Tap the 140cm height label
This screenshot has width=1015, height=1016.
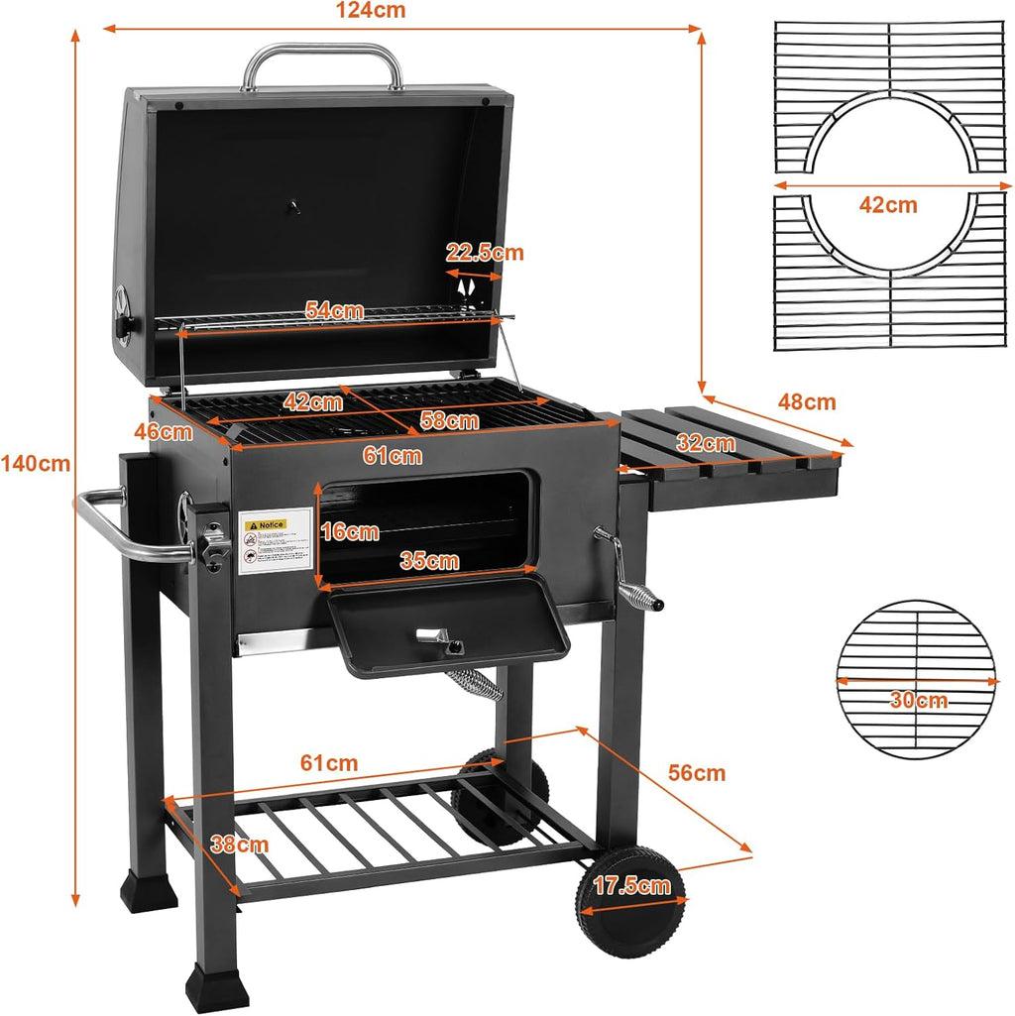pos(36,463)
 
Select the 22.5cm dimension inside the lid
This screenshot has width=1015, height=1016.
pos(485,253)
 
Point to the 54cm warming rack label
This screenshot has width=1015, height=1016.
pos(334,310)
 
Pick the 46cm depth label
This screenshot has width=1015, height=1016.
pos(164,432)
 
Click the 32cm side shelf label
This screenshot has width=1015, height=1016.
pos(706,443)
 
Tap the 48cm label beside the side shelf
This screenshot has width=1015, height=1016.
pos(806,402)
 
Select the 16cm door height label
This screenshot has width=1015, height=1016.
pos(350,531)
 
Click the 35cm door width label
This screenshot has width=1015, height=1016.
pos(429,561)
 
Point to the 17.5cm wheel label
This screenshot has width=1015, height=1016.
pos(632,885)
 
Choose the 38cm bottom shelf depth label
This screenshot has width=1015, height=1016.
pos(239,845)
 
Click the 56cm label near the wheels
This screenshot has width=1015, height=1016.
pos(696,772)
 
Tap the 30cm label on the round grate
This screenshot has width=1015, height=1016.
pos(918,701)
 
